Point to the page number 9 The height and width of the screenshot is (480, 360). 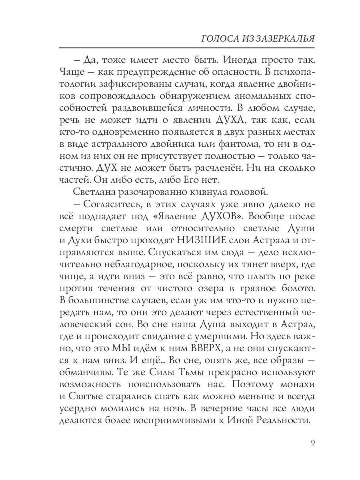[312, 443]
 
